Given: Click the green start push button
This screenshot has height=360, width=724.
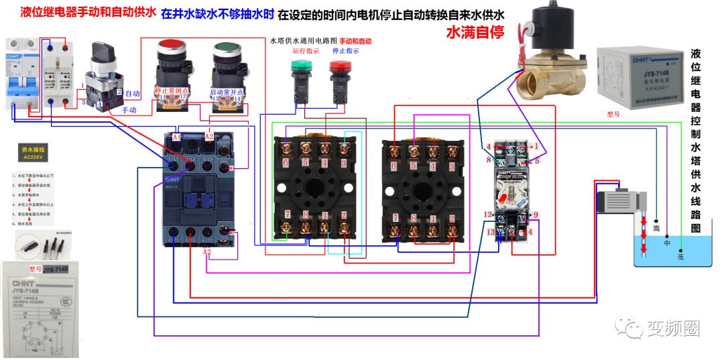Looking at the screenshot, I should tap(225, 52).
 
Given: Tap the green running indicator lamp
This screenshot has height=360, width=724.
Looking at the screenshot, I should tap(299, 68).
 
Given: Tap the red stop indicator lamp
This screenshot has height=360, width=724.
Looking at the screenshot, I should tap(339, 68).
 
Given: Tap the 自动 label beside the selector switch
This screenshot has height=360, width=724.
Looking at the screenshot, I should tap(132, 93).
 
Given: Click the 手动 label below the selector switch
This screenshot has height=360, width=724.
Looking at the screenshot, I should tap(129, 108).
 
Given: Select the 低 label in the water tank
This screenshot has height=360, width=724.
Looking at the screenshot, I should tap(680, 256).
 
